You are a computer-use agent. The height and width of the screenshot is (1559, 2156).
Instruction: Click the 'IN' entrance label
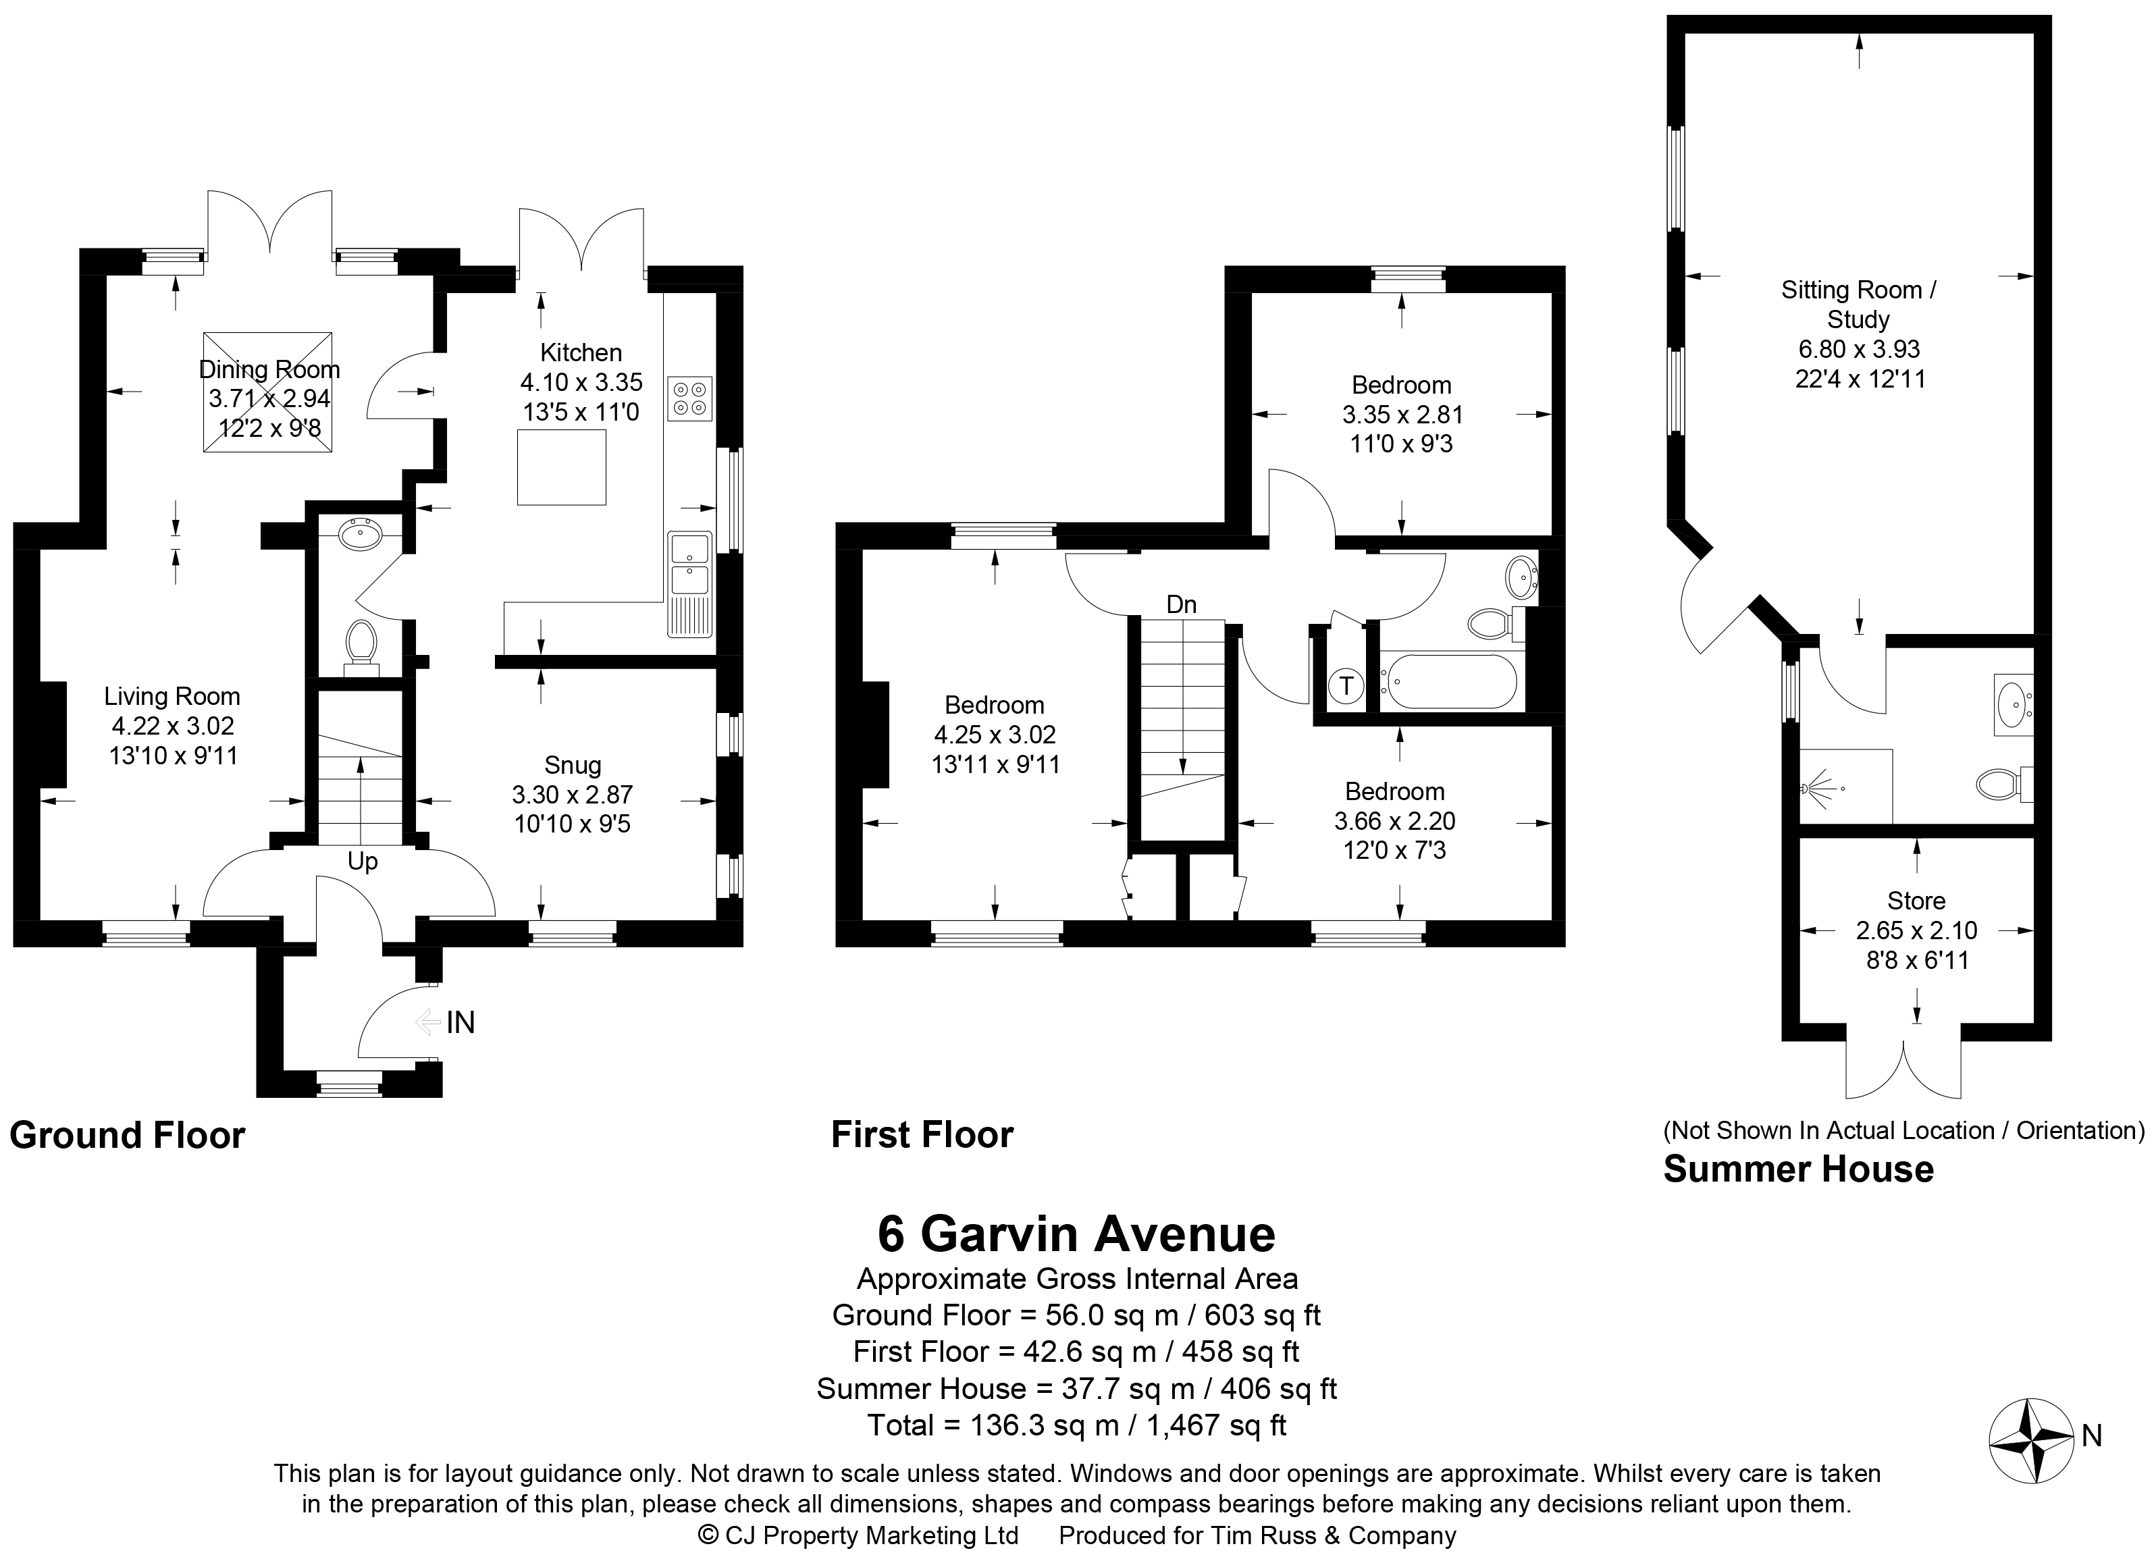460,1023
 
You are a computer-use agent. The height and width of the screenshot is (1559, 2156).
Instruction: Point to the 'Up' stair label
362,862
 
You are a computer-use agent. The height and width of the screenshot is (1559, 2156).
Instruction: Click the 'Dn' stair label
1181,604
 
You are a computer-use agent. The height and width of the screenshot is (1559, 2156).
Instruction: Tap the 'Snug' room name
573,765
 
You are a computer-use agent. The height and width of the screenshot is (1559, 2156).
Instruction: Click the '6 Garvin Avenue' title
1076,1234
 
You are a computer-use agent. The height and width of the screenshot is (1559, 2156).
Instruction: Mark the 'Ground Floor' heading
128,1135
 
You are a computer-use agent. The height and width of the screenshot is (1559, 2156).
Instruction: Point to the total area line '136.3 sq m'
1077,1425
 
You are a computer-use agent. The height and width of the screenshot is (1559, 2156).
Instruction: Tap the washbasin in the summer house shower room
2012,704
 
